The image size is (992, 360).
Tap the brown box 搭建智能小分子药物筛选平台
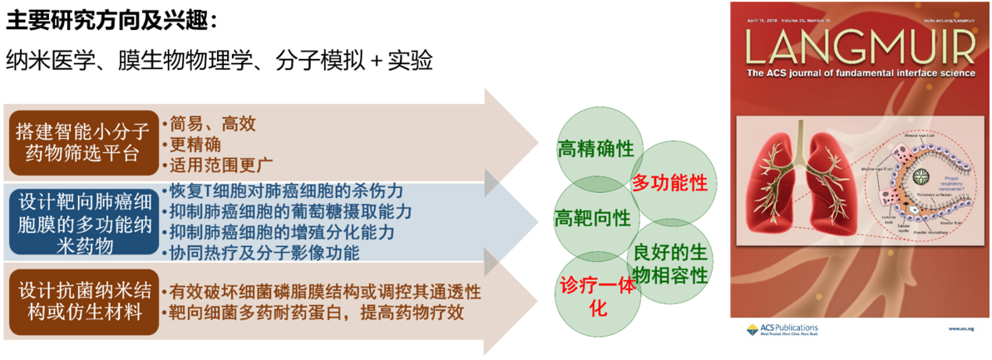pos(82,143)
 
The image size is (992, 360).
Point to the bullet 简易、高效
pos(212,124)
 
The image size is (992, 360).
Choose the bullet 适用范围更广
pos(220,164)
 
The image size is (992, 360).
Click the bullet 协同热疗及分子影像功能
pos(264,251)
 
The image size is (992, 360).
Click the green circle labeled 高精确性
pos(595,150)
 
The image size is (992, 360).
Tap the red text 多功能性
pos(669,182)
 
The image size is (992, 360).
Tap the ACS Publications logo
pos(782,328)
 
